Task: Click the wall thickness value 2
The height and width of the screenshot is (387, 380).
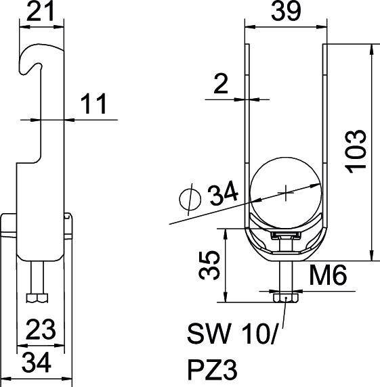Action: click(x=219, y=85)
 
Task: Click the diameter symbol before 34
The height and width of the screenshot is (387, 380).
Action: click(x=190, y=198)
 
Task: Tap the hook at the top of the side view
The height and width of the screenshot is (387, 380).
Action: click(x=41, y=54)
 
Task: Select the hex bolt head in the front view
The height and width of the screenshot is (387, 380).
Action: click(x=285, y=298)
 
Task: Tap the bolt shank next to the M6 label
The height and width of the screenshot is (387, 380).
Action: click(x=285, y=275)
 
